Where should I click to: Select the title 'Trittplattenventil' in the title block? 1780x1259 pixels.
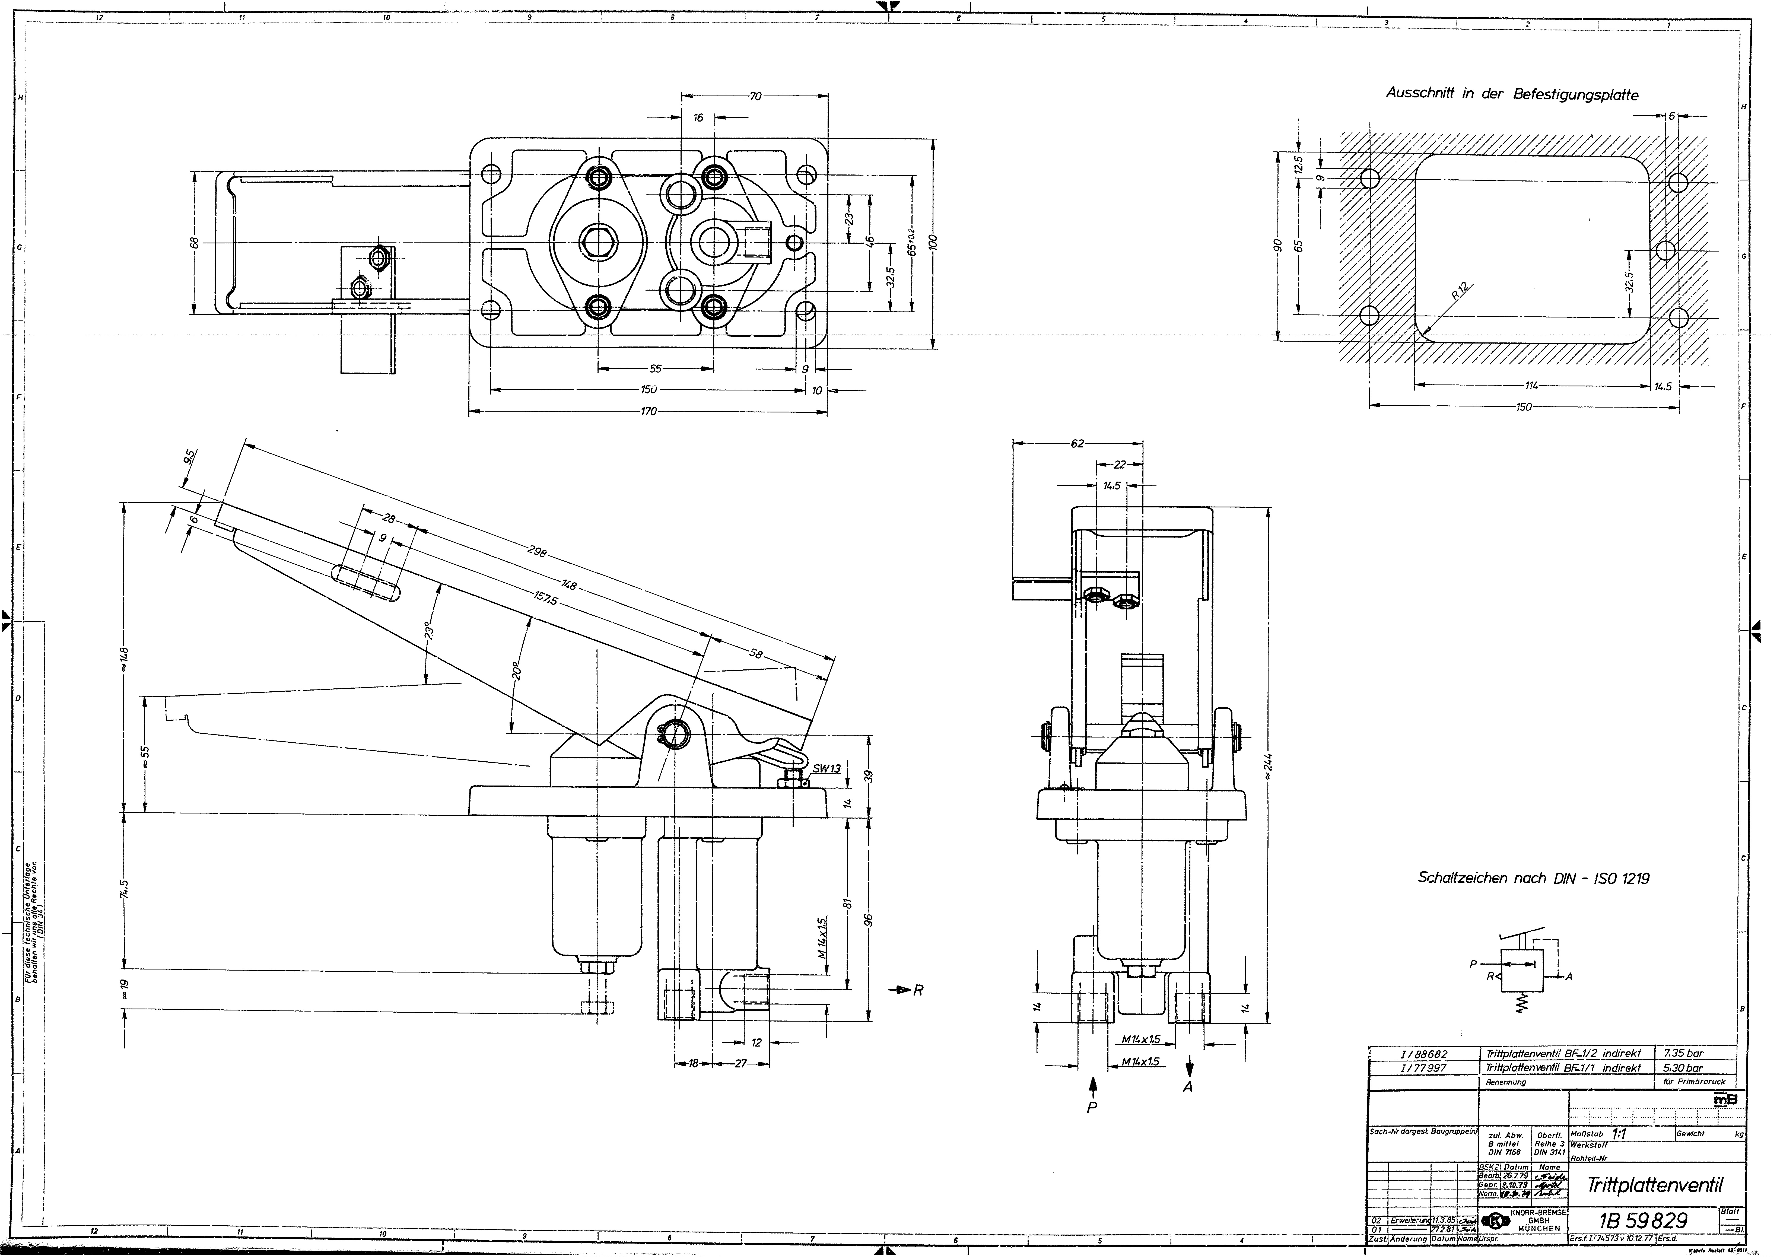tap(1654, 1185)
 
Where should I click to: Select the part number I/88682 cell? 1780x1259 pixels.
tap(1423, 1054)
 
